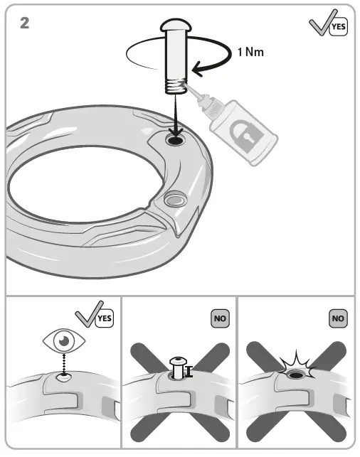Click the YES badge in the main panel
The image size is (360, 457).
[338, 26]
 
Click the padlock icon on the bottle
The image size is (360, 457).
[244, 134]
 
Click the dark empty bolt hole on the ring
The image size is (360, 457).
[174, 141]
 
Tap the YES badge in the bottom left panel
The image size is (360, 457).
[105, 319]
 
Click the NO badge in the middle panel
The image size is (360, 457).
[219, 318]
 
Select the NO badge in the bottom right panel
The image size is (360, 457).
[338, 318]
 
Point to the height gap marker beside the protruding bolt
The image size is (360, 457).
[189, 370]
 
